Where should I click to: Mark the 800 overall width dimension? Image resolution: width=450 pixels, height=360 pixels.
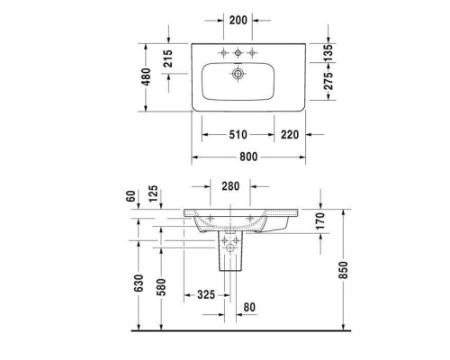tap(248, 157)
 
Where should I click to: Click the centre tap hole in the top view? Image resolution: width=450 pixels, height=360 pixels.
tap(237, 51)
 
